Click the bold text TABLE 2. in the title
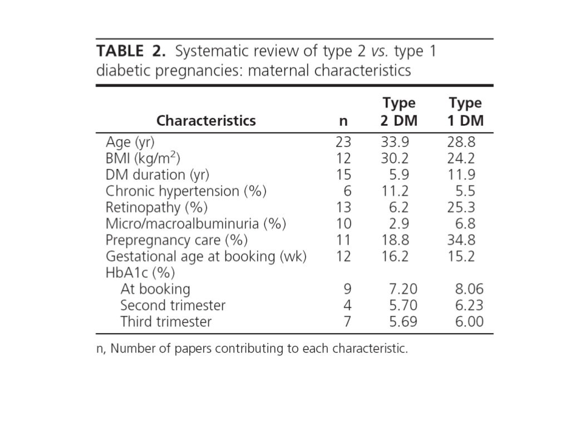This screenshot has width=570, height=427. tap(131, 52)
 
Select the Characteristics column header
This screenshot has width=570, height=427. tap(206, 121)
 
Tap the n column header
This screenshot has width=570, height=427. tap(343, 121)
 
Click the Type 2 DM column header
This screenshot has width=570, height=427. tap(399, 112)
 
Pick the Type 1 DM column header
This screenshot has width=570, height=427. tap(465, 112)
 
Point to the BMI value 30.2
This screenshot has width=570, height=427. tap(395, 158)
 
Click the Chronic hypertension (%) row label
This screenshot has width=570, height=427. tap(186, 191)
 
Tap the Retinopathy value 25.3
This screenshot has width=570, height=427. tap(461, 207)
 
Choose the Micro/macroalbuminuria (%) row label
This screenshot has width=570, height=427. tap(195, 224)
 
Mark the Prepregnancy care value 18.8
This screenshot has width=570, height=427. tap(395, 240)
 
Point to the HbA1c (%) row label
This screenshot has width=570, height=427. tap(140, 273)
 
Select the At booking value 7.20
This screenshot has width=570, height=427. tap(403, 289)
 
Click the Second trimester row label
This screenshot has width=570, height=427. tap(173, 305)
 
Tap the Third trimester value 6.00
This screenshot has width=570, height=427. tap(469, 321)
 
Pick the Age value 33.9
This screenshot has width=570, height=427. tap(395, 141)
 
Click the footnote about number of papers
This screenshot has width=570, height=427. tap(252, 349)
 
